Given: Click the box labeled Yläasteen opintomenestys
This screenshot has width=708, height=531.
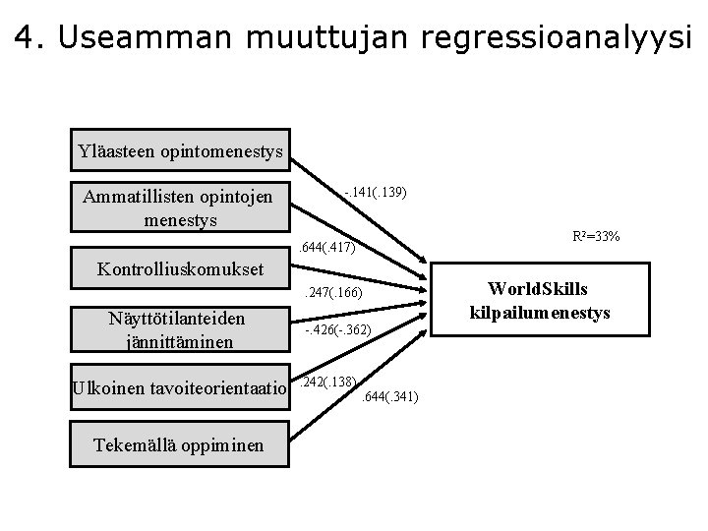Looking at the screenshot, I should pyautogui.click(x=181, y=150).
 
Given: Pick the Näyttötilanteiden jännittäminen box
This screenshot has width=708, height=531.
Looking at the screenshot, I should pyautogui.click(x=181, y=329).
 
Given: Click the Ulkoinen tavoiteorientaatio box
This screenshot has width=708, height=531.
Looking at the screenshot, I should pyautogui.click(x=181, y=388).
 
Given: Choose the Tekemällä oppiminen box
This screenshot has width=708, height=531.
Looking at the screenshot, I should pyautogui.click(x=179, y=444).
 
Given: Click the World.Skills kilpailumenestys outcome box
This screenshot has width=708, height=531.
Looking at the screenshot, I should pyautogui.click(x=550, y=301).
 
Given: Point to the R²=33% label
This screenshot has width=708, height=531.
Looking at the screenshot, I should pyautogui.click(x=595, y=237).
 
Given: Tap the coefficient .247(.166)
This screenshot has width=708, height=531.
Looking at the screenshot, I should pyautogui.click(x=334, y=293).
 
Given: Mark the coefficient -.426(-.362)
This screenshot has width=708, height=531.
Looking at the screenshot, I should pyautogui.click(x=336, y=331).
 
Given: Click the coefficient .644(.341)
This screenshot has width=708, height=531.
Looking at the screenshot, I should pyautogui.click(x=390, y=396).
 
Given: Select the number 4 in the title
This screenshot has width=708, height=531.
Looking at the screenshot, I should pyautogui.click(x=26, y=37).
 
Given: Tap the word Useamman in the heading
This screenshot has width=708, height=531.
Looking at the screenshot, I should pyautogui.click(x=135, y=37).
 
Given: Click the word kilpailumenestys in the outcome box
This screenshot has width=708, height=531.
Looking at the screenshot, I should pyautogui.click(x=550, y=313).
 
